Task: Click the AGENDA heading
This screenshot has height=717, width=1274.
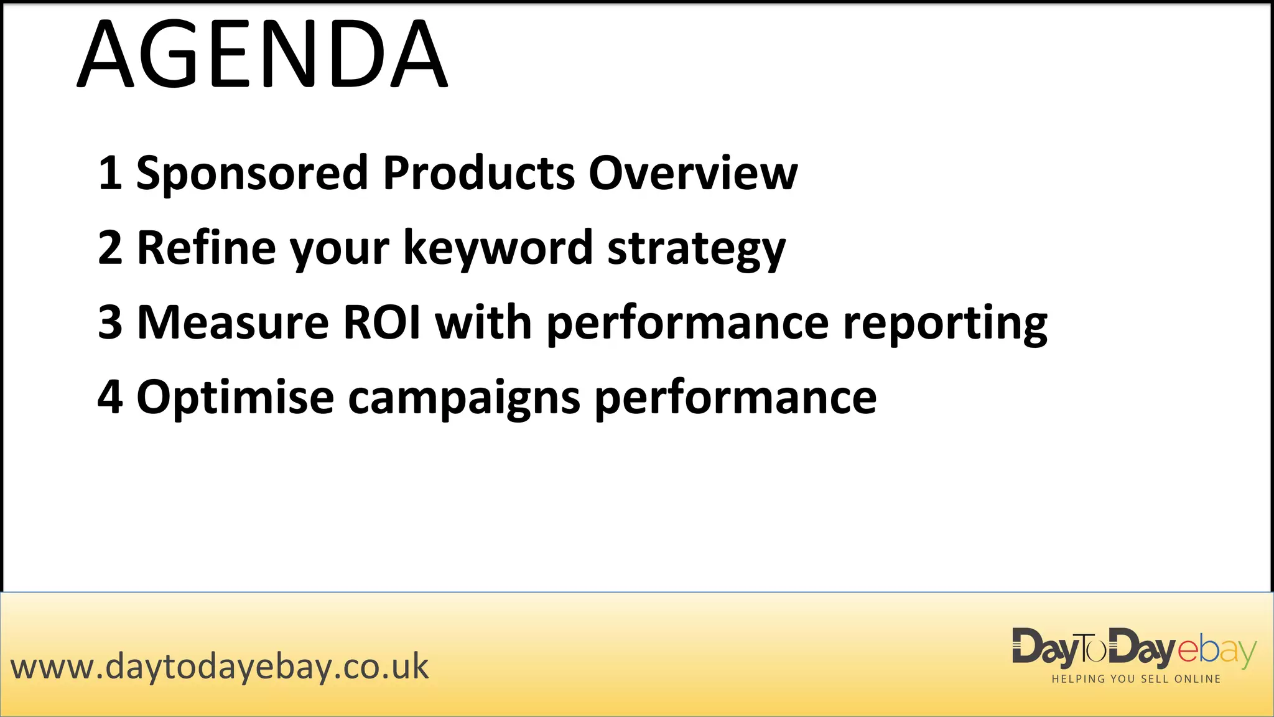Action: click(262, 54)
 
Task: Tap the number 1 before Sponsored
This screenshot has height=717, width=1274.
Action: click(110, 173)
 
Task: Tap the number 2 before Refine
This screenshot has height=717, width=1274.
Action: click(110, 248)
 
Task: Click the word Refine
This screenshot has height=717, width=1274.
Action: click(206, 248)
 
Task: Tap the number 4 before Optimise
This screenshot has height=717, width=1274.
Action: click(110, 397)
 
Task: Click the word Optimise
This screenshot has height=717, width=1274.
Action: click(235, 397)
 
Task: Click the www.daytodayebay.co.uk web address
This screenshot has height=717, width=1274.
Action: click(220, 667)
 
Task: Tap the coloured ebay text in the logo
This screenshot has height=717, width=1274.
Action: click(1217, 651)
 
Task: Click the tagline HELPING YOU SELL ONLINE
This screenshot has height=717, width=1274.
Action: click(1136, 679)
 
